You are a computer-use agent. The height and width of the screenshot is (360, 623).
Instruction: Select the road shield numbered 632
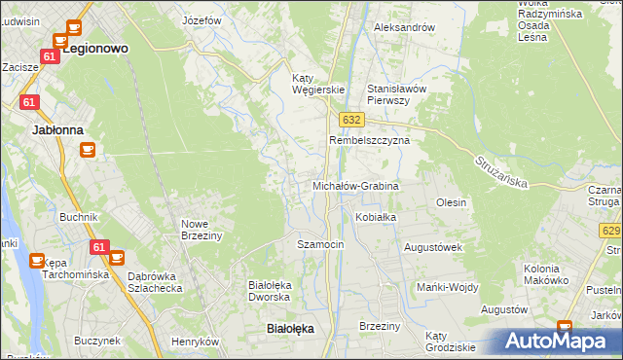[352, 119]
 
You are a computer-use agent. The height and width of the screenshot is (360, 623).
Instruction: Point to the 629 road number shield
[611, 231]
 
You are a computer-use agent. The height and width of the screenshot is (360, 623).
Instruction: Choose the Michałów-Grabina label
[355, 185]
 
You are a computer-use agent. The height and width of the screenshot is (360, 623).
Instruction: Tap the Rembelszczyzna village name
[369, 140]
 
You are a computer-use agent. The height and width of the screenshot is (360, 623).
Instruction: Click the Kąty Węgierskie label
[319, 84]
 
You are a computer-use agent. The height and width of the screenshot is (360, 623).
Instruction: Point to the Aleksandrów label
[404, 27]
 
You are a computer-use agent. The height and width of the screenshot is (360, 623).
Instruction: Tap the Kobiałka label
[376, 217]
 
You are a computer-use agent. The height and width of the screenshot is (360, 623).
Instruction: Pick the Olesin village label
[452, 202]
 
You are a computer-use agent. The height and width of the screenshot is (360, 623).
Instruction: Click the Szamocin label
[320, 244]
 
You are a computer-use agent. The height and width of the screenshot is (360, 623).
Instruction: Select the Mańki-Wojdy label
[446, 287]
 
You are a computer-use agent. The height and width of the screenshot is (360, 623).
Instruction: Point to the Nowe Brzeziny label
[202, 229]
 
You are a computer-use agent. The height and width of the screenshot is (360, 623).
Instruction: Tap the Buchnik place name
[79, 217]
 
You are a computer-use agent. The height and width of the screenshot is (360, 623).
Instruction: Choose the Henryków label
[195, 342]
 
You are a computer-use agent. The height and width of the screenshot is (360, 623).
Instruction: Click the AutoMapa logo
[555, 341]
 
